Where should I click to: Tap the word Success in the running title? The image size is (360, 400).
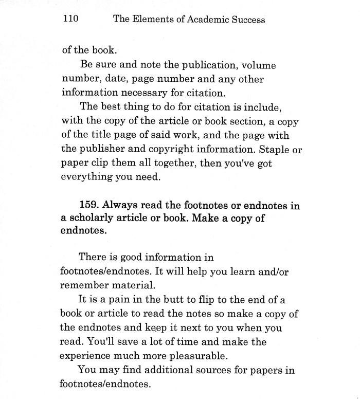[x=246, y=20]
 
